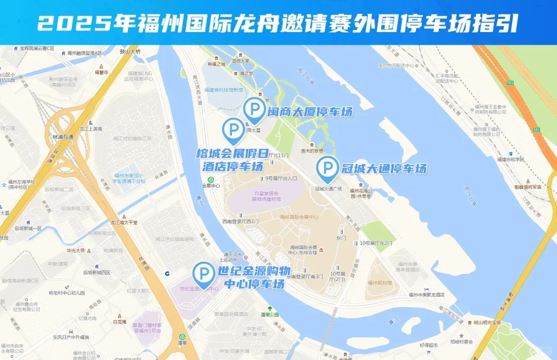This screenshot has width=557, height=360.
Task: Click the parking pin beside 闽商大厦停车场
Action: (x=253, y=110)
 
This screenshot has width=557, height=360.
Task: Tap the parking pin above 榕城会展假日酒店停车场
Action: (x=234, y=129)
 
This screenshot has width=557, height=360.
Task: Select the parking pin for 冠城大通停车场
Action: (x=327, y=168)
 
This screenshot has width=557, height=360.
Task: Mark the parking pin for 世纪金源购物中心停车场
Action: (x=204, y=273)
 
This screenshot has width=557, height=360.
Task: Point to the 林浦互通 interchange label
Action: (x=63, y=137)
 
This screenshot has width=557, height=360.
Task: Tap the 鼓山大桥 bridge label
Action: (x=130, y=52)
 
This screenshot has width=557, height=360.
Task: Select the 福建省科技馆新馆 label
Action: (x=223, y=90)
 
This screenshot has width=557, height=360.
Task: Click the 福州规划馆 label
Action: (x=380, y=283)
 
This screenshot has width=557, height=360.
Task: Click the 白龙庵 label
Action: (x=120, y=321)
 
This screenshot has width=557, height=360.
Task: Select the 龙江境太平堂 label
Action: (x=123, y=222)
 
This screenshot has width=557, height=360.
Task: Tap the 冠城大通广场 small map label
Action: (x=329, y=189)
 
